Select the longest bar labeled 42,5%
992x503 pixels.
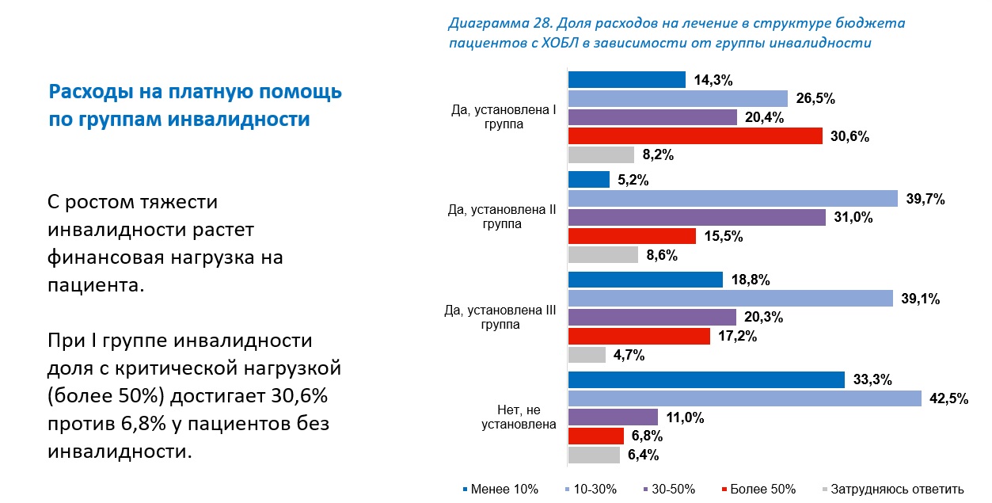pyautogui.click(x=745, y=398)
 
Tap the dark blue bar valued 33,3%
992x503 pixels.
pyautogui.click(x=706, y=380)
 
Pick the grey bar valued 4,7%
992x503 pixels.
pyautogui.click(x=587, y=355)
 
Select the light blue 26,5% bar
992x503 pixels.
pyautogui.click(x=678, y=98)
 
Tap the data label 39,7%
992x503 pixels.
pyautogui.click(x=925, y=199)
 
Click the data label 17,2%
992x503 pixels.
pyautogui.click(x=737, y=337)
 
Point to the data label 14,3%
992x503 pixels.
pyautogui.click(x=713, y=80)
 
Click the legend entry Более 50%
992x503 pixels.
pyautogui.click(x=762, y=489)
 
